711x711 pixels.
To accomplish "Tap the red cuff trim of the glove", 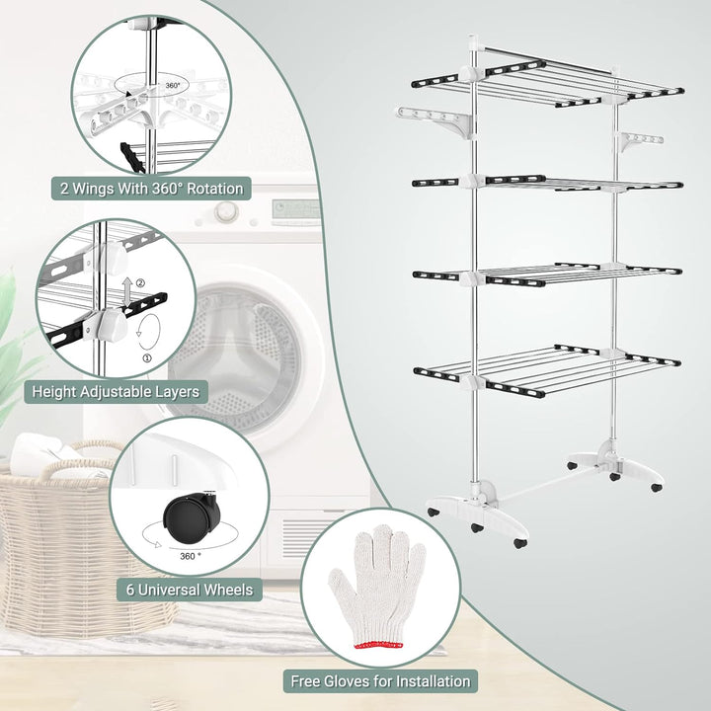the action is [378, 645].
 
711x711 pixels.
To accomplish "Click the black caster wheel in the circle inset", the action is [192, 517].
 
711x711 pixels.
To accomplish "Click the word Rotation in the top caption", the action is [215, 189].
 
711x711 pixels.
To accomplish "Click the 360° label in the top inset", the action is [172, 85].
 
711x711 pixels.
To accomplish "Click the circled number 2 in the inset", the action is [140, 283].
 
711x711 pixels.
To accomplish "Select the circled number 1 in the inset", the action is [147, 358].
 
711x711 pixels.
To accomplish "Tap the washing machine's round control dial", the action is [226, 211].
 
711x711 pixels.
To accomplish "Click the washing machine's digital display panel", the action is [294, 211].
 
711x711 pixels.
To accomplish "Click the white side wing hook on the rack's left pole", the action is [435, 121].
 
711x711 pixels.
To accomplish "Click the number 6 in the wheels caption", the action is [130, 590].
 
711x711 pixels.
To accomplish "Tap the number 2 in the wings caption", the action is [65, 189].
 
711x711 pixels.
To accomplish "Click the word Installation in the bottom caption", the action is [434, 681].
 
